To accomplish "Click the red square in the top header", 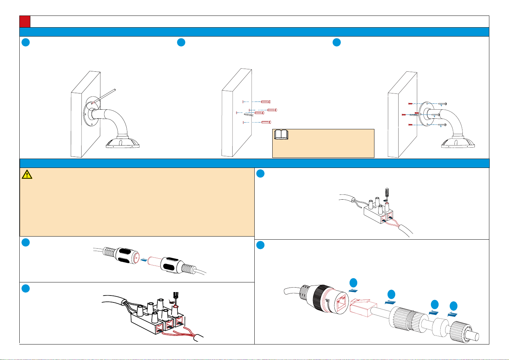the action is coord(25,21).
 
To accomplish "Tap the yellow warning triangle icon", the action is coord(27,175).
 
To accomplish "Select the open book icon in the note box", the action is coord(281,135).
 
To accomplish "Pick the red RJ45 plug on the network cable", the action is coord(361,307).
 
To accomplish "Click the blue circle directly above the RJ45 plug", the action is coord(353,283).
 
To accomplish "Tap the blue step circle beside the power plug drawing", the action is coord(25,242).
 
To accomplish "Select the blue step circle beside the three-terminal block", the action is coord(25,289).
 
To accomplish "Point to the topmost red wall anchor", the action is coord(266,102).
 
